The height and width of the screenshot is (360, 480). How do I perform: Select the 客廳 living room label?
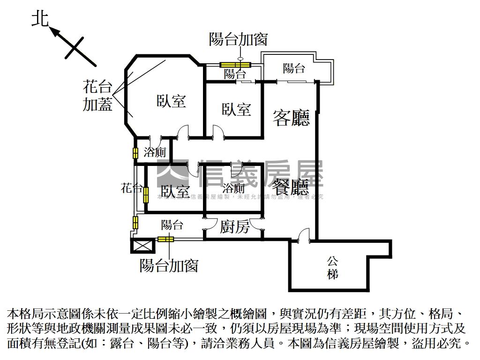291,118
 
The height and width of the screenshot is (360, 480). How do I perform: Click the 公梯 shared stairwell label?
332,267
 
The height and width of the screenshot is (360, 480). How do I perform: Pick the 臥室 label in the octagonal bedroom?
171,101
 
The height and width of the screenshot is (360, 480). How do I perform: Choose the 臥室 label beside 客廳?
236,110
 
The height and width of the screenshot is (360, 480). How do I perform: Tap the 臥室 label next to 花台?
175,191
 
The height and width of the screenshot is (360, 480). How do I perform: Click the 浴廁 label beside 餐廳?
233,188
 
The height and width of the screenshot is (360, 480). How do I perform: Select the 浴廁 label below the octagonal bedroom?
155,152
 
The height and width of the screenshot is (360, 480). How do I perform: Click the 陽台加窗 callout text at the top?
238,39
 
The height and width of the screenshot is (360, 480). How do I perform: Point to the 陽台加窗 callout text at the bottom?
169,265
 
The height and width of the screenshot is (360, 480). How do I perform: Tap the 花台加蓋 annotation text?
97,96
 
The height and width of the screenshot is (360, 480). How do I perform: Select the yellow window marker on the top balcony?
236,65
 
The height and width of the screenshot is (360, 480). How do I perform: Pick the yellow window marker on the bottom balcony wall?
165,239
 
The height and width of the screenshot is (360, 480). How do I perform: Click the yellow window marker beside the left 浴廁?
135,153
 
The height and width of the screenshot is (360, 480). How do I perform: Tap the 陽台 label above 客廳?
294,68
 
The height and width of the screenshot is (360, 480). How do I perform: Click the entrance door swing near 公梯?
304,234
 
